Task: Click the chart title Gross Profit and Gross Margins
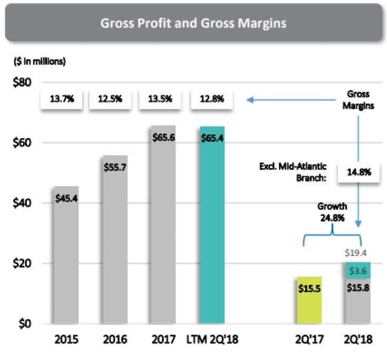pyautogui.click(x=193, y=23)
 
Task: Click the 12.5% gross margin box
pyautogui.click(x=110, y=99)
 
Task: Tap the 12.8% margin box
pyautogui.click(x=212, y=99)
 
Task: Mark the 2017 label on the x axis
pyautogui.click(x=163, y=340)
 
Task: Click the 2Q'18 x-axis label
pyautogui.click(x=358, y=340)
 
